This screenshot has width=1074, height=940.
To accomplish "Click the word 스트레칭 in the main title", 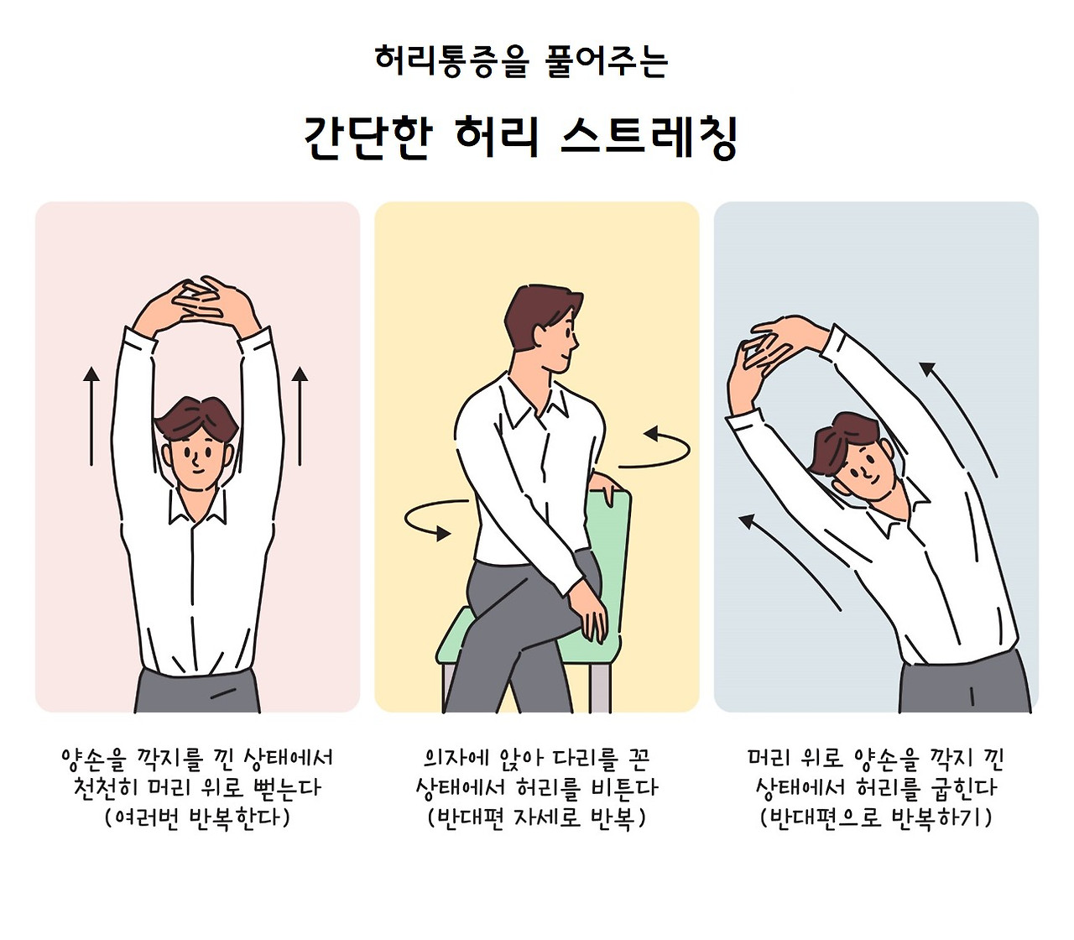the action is click(649, 137).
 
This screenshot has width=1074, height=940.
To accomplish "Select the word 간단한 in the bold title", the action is click(368, 137).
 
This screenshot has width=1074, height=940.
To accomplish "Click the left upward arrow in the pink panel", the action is click(91, 416).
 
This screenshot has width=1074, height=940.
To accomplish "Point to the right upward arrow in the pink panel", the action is click(300, 416).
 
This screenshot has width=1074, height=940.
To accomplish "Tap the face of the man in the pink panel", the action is click(197, 462).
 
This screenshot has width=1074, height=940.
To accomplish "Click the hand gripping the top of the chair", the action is click(602, 486).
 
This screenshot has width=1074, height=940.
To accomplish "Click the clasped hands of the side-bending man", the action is click(766, 351).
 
